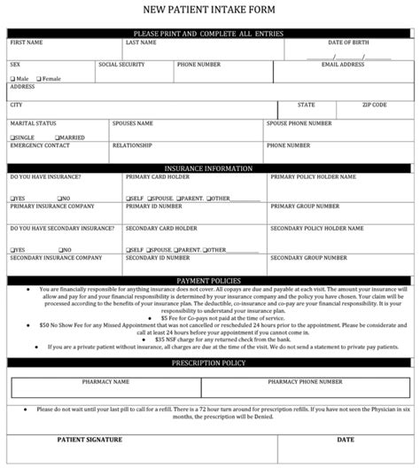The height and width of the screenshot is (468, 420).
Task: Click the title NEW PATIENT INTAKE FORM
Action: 210,10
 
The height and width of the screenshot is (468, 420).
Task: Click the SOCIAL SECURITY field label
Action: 121,65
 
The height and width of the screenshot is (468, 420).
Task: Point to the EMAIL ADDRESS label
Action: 343,65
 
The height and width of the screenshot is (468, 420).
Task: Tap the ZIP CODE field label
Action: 374,105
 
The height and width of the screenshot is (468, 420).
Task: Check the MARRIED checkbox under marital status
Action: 57,138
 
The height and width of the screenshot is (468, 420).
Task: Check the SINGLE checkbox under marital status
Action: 12,138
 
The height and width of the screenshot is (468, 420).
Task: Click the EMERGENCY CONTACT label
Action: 33,145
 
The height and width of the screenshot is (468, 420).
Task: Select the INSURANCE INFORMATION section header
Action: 210,167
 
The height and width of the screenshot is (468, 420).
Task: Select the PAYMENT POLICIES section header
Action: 210,280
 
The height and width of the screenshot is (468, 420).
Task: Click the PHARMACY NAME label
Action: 105,381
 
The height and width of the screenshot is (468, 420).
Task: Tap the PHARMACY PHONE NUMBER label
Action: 299,381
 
